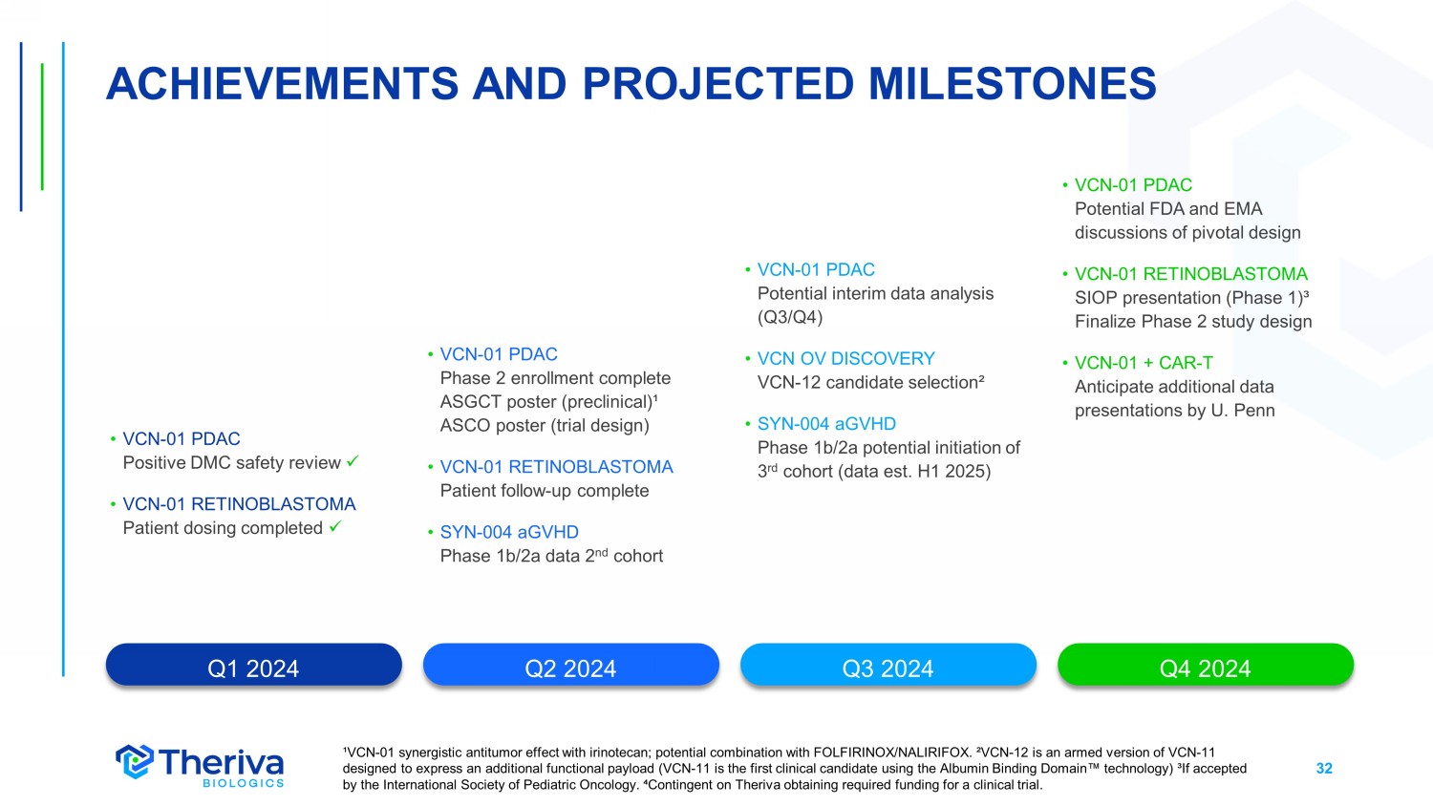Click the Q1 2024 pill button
pyautogui.click(x=253, y=665)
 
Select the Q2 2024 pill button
pyautogui.click(x=570, y=665)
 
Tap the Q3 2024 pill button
pyautogui.click(x=888, y=665)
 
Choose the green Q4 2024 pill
pyautogui.click(x=1206, y=665)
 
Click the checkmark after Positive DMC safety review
pyautogui.click(x=353, y=460)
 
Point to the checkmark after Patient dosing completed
pyautogui.click(x=335, y=526)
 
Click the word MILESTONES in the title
pyautogui.click(x=1012, y=84)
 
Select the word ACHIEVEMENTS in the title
pyautogui.click(x=282, y=84)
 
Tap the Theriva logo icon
pyautogui.click(x=135, y=761)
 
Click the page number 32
pyautogui.click(x=1323, y=768)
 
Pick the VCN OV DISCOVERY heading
pyautogui.click(x=845, y=358)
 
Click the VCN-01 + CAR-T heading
pyautogui.click(x=1144, y=363)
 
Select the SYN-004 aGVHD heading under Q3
pyautogui.click(x=826, y=423)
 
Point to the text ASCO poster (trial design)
pyautogui.click(x=545, y=425)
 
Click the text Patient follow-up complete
pyautogui.click(x=545, y=491)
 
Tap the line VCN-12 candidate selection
pyautogui.click(x=870, y=382)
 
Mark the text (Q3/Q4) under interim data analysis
pyautogui.click(x=790, y=317)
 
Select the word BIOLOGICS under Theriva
pyautogui.click(x=243, y=783)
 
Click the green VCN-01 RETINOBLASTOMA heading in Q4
pyautogui.click(x=1190, y=274)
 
